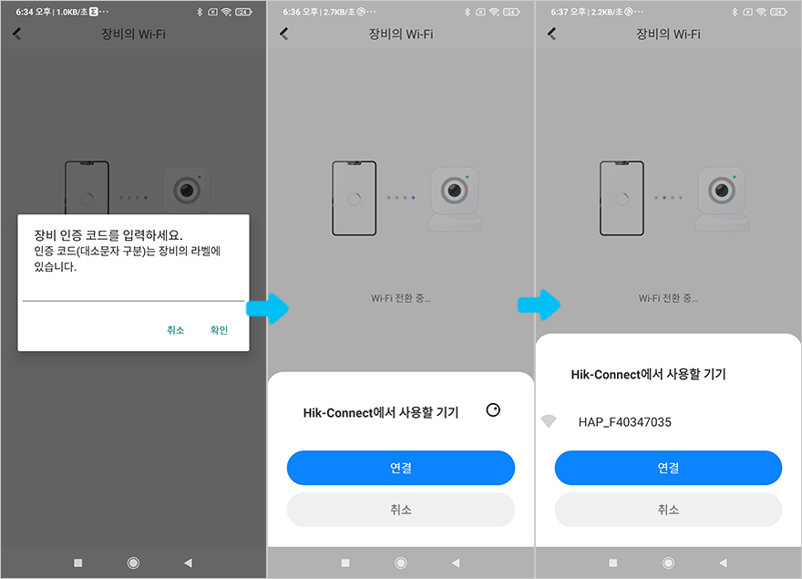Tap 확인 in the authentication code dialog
pos(219,330)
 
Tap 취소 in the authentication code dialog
pos(175,330)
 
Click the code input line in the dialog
pos(133,301)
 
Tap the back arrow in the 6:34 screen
pos(17,34)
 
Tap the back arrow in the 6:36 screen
pos(284,34)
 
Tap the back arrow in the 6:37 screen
pos(552,34)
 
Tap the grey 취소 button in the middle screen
pos(400,510)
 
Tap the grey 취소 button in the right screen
pos(668,510)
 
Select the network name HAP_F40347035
pos(624,422)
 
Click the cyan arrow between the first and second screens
pos(268,308)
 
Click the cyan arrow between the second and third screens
pos(540,305)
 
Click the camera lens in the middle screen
pos(454,191)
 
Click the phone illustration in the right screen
pos(622,198)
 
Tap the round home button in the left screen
pos(133,563)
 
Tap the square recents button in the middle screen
pos(345,563)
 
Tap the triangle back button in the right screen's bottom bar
pos(723,563)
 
